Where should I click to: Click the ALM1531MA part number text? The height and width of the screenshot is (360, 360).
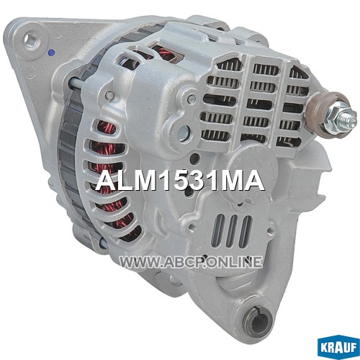(x=180, y=181)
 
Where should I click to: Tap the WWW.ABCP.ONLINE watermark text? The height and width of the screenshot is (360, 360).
(x=191, y=262)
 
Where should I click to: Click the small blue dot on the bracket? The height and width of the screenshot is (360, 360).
(x=51, y=53)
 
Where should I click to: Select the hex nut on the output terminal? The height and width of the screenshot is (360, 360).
(x=334, y=118)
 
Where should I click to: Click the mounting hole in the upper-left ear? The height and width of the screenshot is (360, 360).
(x=30, y=39)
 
